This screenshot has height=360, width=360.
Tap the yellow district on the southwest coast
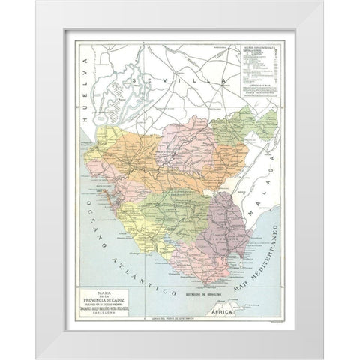click(142, 217)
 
